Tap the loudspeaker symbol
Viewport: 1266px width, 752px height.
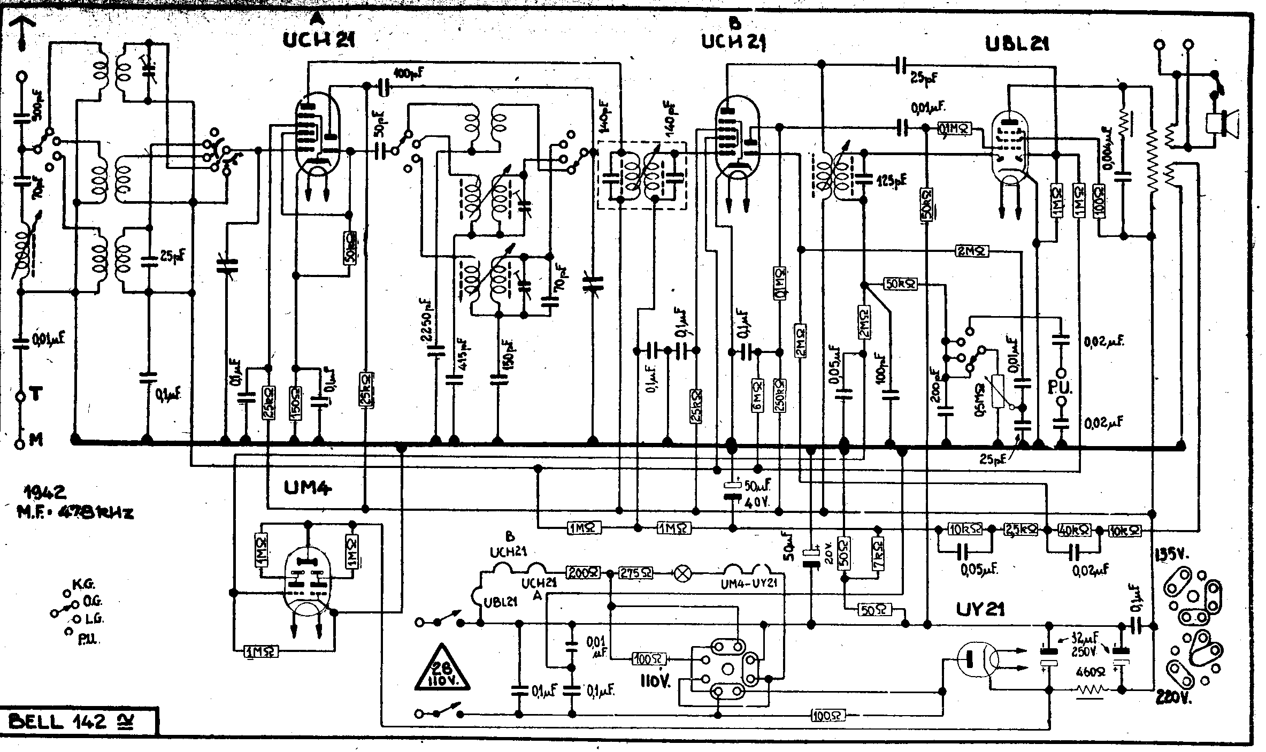point(1224,122)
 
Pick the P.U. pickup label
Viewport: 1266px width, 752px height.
point(1061,388)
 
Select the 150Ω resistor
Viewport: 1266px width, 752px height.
point(295,402)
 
